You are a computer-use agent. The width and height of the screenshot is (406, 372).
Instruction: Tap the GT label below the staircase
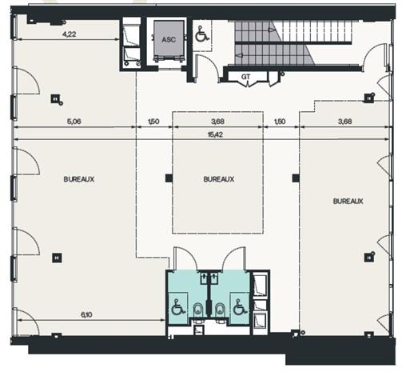(x=246, y=77)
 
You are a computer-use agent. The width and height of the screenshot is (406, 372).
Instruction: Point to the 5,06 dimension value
(x=74, y=122)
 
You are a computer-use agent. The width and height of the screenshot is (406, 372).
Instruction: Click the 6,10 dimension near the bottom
(x=86, y=316)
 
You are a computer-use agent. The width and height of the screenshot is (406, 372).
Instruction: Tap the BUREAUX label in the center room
(x=218, y=179)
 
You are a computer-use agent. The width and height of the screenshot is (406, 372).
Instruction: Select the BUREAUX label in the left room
(x=78, y=179)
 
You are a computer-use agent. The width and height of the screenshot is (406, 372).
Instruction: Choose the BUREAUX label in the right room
(x=348, y=201)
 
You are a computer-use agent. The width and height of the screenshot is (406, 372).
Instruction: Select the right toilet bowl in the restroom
(x=218, y=308)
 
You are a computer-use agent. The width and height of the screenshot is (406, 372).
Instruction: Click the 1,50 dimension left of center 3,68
(x=153, y=122)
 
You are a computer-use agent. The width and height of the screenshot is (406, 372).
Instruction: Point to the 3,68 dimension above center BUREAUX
(x=217, y=122)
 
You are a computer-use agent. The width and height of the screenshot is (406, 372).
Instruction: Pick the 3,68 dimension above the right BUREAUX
(x=345, y=122)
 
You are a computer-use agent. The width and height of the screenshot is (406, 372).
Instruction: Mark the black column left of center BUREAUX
(x=168, y=178)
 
